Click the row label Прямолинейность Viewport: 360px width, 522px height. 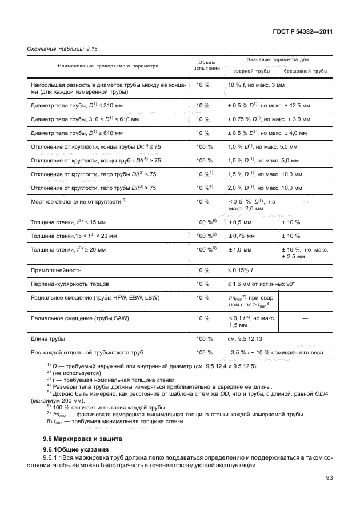point(55,269)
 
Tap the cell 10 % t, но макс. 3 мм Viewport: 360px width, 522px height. point(256,85)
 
